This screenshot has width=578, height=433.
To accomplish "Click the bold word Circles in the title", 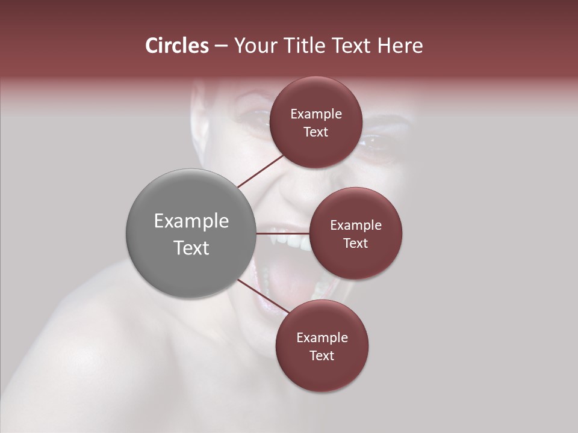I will point(176,46).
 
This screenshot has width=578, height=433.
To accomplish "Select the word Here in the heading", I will point(401,46).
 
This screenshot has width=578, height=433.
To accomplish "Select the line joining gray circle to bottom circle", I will point(263,296).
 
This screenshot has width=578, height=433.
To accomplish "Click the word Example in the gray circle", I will point(191,221).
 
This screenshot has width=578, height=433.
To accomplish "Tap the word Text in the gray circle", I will point(191,248).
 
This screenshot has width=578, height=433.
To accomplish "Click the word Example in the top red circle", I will point(315,114).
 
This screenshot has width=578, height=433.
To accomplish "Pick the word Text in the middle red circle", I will point(355,243).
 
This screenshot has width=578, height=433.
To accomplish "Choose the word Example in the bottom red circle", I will point(322,338).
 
